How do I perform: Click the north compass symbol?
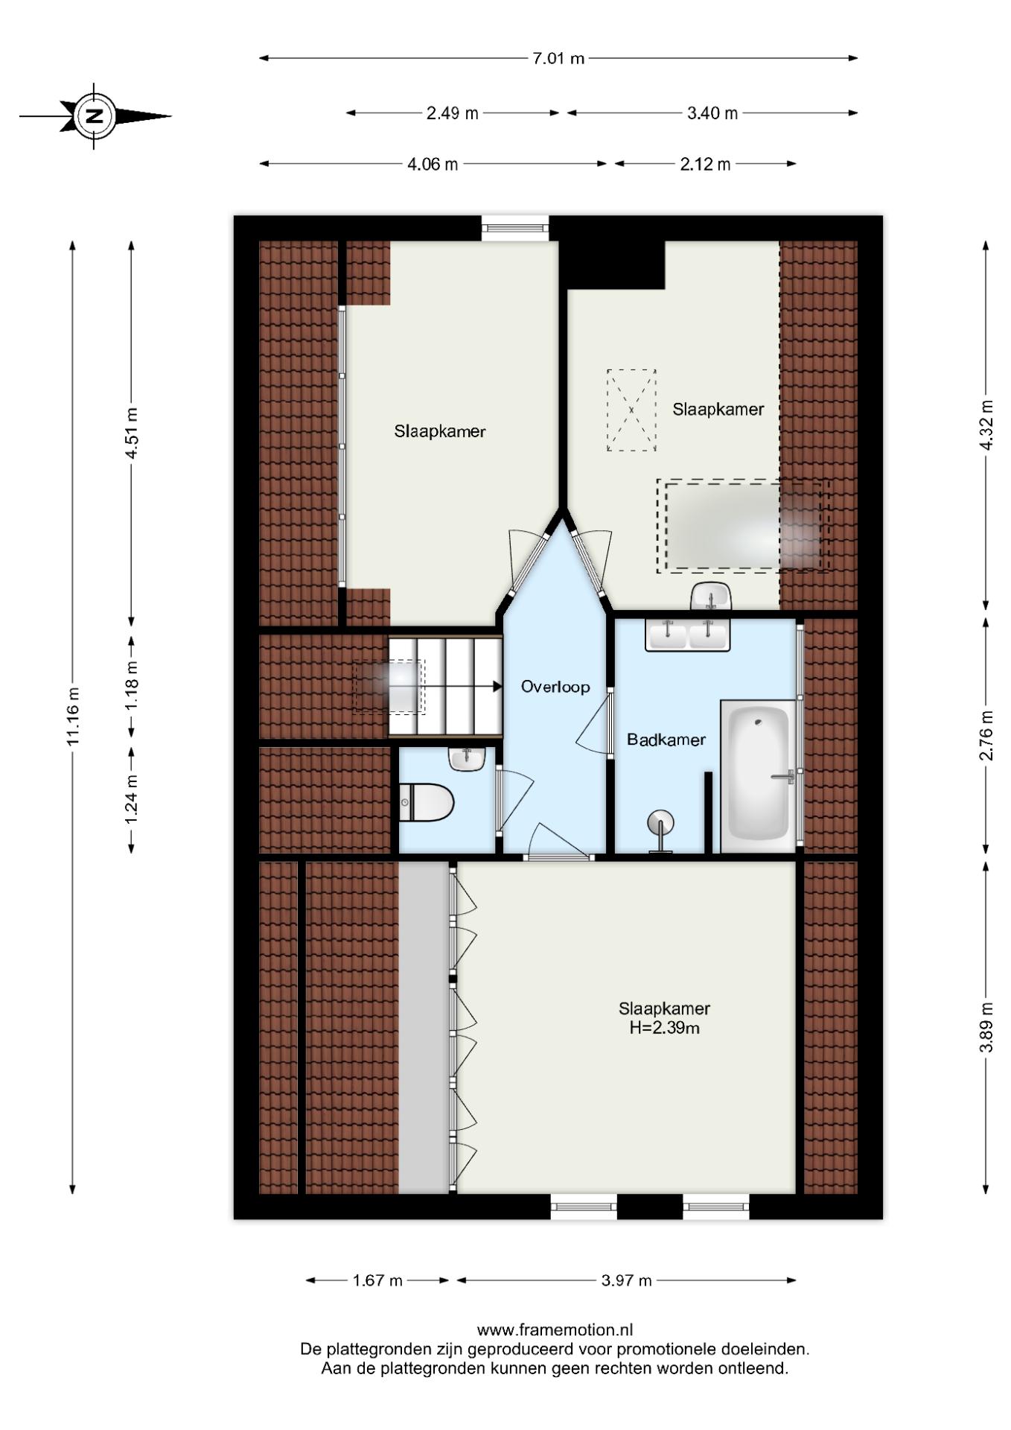click(x=95, y=116)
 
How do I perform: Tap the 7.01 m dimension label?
click(x=558, y=58)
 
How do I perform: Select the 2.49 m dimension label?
click(x=452, y=113)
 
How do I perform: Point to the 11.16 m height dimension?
click(x=72, y=716)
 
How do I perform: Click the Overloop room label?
click(x=555, y=687)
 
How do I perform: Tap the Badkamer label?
click(x=666, y=740)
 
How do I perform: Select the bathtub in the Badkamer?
click(x=758, y=775)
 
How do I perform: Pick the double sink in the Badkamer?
click(x=687, y=635)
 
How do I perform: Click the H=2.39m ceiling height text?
click(x=664, y=1029)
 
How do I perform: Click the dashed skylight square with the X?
click(x=631, y=410)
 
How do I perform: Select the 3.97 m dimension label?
click(x=626, y=1280)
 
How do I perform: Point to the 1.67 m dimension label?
click(x=377, y=1280)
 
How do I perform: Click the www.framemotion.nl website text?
click(x=555, y=1329)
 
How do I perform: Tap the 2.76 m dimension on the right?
click(x=986, y=735)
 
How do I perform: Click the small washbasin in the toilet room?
click(x=467, y=759)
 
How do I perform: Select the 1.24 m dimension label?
click(x=131, y=799)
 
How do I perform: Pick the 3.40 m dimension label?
click(x=712, y=113)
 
